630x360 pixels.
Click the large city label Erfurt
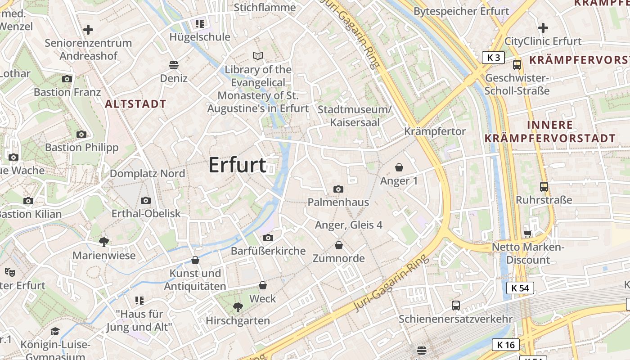click(237, 165)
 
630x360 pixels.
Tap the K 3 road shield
click(493, 58)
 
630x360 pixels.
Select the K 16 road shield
click(505, 345)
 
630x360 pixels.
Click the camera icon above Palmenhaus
click(338, 189)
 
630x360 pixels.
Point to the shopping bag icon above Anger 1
click(399, 168)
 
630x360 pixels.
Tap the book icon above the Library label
click(258, 56)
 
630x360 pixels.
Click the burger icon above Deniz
click(174, 65)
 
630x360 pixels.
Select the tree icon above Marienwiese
click(104, 242)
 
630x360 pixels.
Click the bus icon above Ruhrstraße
click(544, 186)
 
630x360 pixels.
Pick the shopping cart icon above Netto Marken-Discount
click(528, 234)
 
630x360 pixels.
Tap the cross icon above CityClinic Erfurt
click(543, 28)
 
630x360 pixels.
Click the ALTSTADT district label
click(135, 104)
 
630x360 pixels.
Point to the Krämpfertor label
click(435, 131)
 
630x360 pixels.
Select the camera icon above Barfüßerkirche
click(268, 238)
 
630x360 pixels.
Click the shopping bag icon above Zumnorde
click(339, 245)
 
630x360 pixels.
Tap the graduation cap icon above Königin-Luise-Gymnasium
click(55, 332)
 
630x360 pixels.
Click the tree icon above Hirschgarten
click(238, 307)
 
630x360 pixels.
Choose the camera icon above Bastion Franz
click(67, 79)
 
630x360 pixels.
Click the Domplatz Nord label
click(147, 174)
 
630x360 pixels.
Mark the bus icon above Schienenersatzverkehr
click(456, 306)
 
